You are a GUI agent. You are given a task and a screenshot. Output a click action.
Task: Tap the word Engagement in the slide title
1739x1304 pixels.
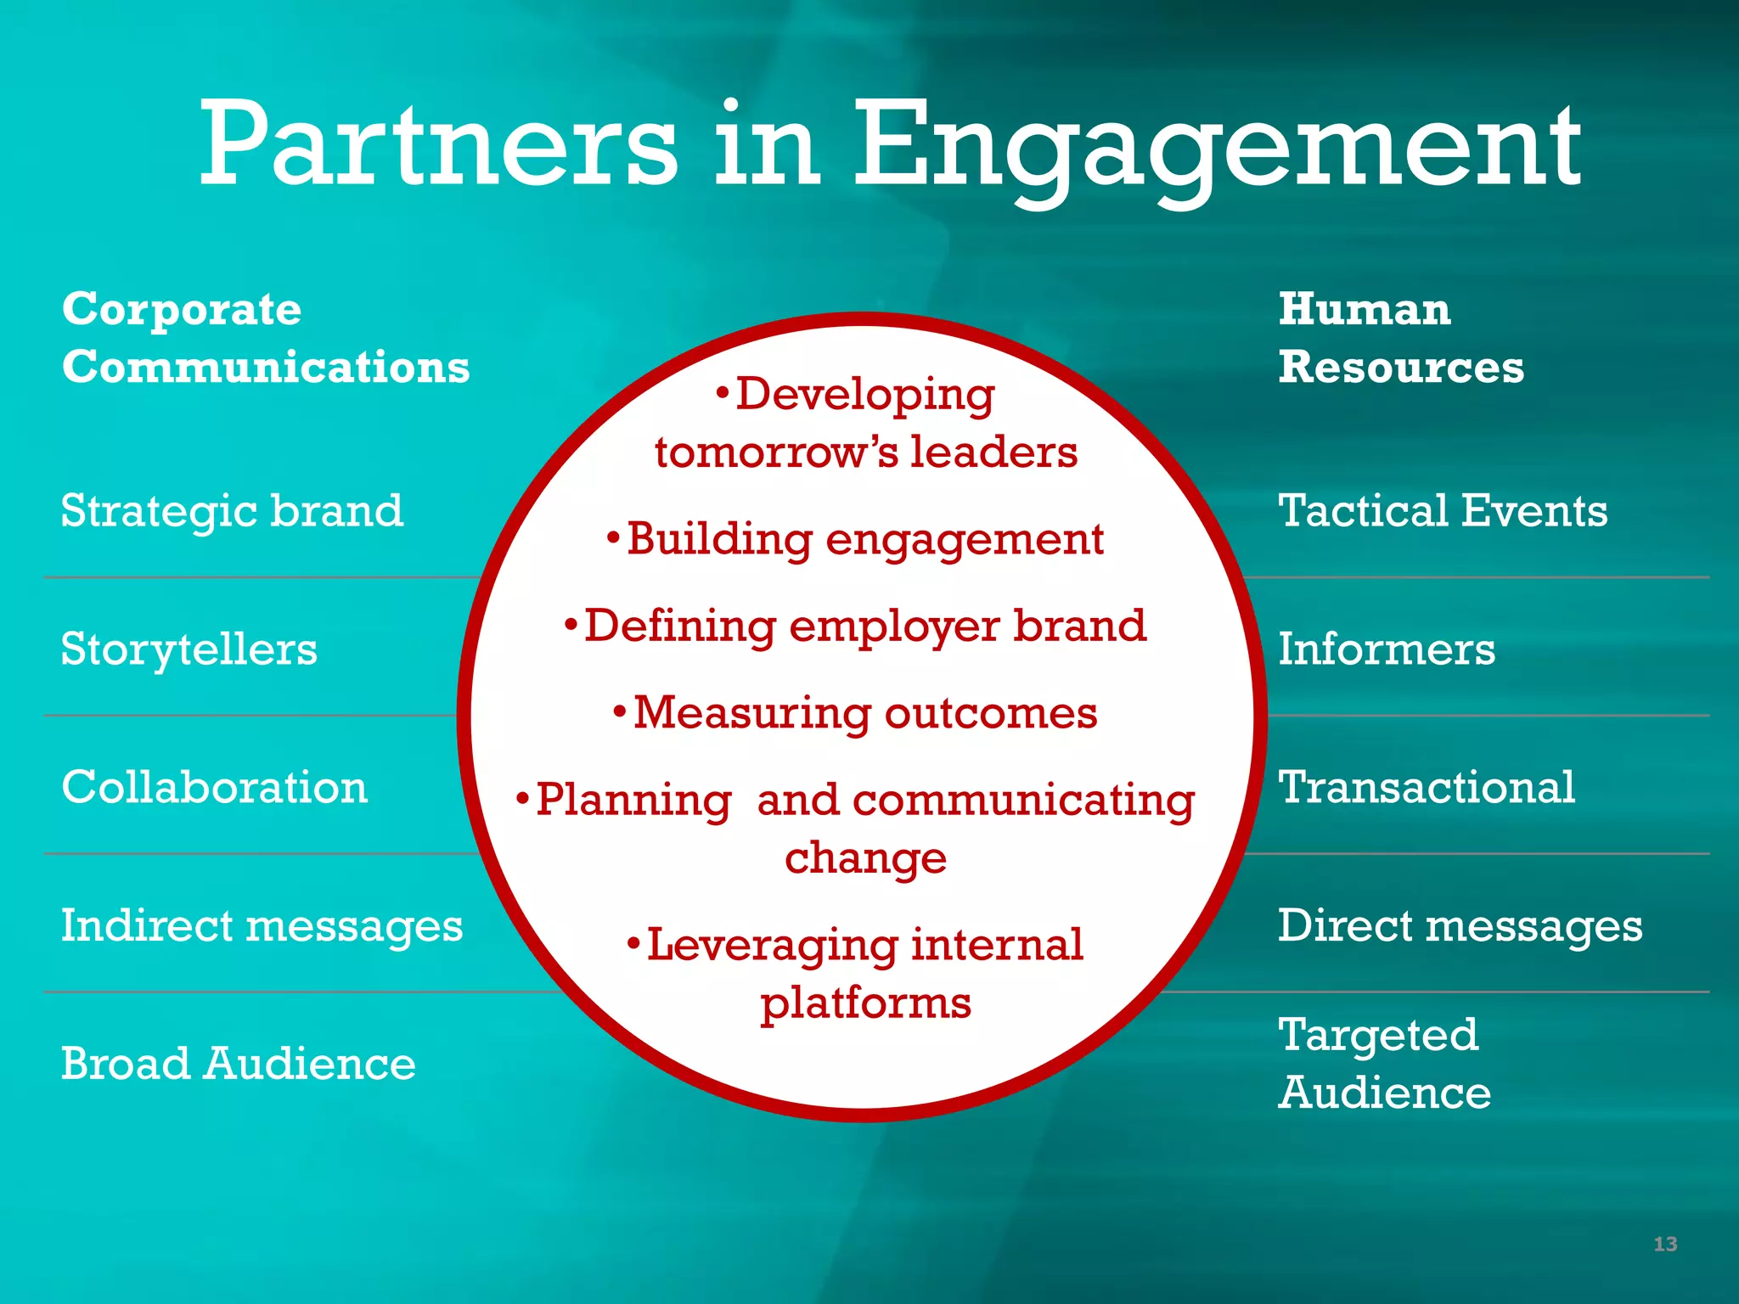(x=1216, y=149)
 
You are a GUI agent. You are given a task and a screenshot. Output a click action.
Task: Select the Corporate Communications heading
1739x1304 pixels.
(x=265, y=338)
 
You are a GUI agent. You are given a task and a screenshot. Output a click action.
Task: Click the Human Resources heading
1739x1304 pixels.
(x=1401, y=338)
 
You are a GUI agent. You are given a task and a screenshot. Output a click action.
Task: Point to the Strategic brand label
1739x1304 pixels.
(x=232, y=511)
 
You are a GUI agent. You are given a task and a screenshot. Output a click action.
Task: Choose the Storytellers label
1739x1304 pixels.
(x=189, y=649)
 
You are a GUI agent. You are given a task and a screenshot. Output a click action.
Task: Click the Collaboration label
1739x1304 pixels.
(x=214, y=787)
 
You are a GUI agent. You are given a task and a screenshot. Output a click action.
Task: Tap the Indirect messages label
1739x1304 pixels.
(x=262, y=925)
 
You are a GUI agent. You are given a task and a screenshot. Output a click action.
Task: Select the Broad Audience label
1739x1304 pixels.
(x=238, y=1064)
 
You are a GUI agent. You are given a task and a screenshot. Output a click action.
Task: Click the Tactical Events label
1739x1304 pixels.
(x=1443, y=511)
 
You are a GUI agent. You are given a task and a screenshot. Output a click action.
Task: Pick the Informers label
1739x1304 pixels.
(x=1386, y=649)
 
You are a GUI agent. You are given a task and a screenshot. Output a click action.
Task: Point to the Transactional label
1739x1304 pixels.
(x=1427, y=787)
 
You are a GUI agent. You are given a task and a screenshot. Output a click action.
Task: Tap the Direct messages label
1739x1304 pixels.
(x=1460, y=925)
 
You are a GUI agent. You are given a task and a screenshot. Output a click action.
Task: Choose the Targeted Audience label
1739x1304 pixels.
(x=1384, y=1063)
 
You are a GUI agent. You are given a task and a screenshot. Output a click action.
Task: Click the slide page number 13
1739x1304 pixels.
(x=1665, y=1245)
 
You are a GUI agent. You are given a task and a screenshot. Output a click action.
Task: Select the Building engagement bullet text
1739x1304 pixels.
(x=864, y=540)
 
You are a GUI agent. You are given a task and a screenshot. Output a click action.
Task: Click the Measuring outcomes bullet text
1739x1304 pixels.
(x=864, y=713)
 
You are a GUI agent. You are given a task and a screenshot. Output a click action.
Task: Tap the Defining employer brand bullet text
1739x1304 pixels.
(x=864, y=627)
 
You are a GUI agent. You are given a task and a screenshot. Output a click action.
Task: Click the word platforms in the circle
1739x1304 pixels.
(x=865, y=1003)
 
